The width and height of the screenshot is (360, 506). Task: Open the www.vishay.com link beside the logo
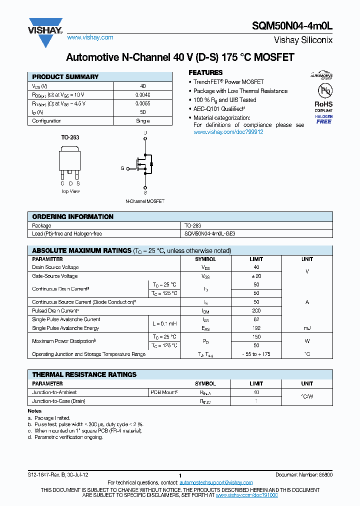tap(90, 37)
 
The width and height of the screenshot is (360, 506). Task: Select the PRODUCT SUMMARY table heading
tap(65, 77)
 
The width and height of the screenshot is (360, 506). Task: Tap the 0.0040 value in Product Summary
tap(142, 94)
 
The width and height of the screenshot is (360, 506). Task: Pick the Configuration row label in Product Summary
tap(46, 121)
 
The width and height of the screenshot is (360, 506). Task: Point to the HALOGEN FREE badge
tap(323, 119)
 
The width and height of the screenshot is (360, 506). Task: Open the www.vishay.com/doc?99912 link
tap(228, 132)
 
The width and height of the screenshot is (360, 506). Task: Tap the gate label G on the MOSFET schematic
tap(122, 168)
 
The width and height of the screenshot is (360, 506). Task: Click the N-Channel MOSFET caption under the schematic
tap(145, 201)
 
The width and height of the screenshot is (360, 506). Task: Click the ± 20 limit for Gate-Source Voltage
tap(256, 276)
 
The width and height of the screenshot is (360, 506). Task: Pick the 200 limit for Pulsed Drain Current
tap(256, 311)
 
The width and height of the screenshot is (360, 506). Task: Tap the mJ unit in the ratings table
tap(307, 328)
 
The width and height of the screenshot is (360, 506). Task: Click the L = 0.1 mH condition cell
tap(164, 324)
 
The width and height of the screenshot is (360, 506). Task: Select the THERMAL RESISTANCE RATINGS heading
tap(84, 374)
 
